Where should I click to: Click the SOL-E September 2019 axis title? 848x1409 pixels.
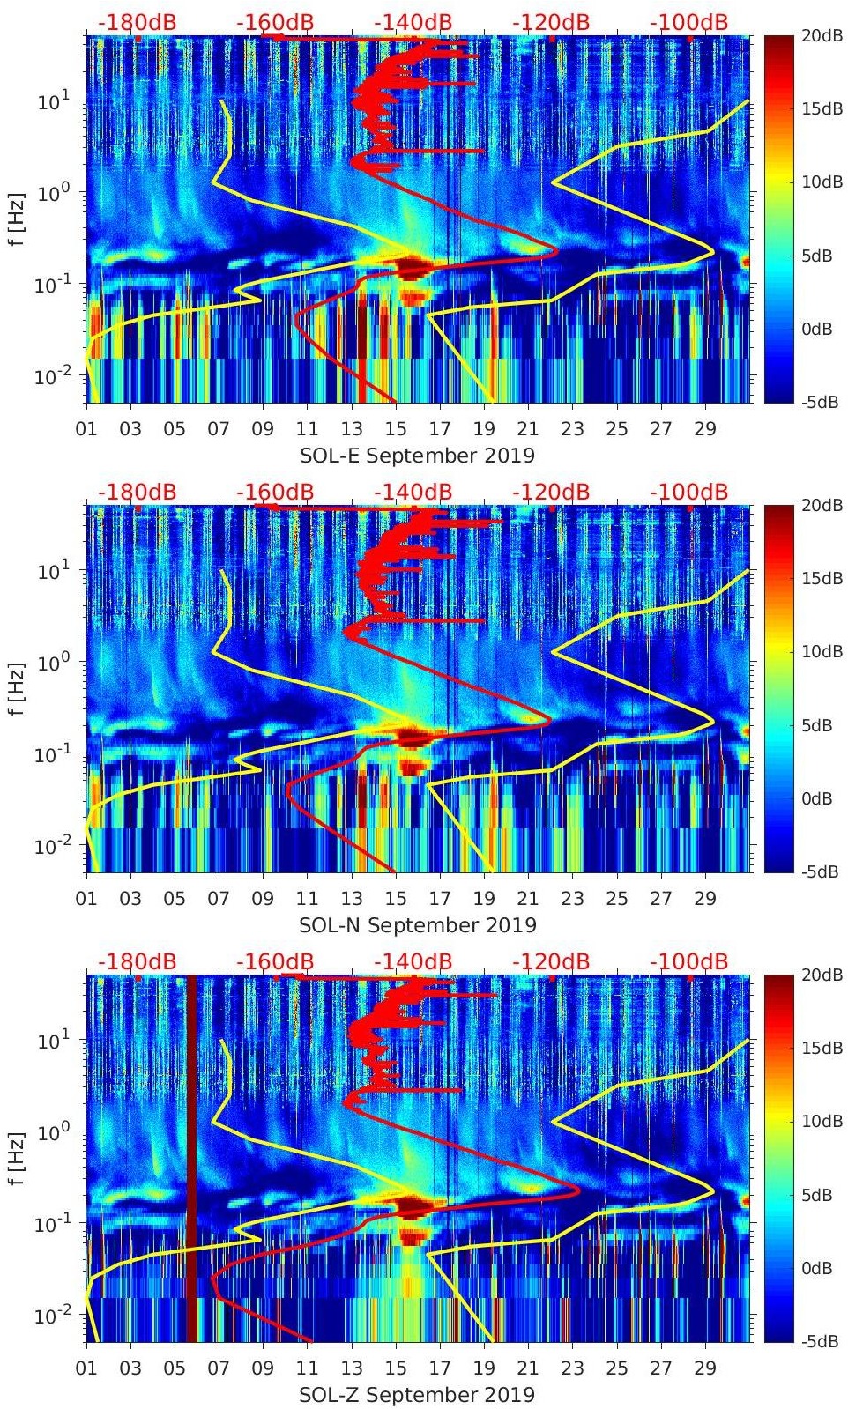[417, 456]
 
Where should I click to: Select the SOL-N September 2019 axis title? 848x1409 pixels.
[417, 925]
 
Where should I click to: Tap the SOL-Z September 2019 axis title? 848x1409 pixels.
[417, 1395]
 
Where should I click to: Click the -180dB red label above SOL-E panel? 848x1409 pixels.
[137, 22]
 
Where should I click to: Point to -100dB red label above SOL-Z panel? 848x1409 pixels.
[689, 961]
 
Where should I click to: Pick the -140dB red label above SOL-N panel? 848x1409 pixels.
[413, 492]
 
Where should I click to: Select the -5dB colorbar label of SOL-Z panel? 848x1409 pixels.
[820, 1342]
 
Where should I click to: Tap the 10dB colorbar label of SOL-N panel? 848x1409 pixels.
[821, 652]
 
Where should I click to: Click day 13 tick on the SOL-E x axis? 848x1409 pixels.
[352, 429]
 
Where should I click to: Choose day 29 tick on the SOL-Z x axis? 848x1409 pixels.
[705, 1368]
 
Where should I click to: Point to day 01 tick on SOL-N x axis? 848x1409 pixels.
[86, 899]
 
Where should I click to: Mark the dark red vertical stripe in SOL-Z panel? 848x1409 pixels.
[190, 1158]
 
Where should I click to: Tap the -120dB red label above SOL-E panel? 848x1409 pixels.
[551, 22]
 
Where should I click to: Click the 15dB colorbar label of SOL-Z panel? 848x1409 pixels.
[821, 1049]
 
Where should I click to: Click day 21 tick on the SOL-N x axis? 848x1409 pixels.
[528, 899]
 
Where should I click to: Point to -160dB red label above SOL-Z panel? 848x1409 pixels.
[275, 961]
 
